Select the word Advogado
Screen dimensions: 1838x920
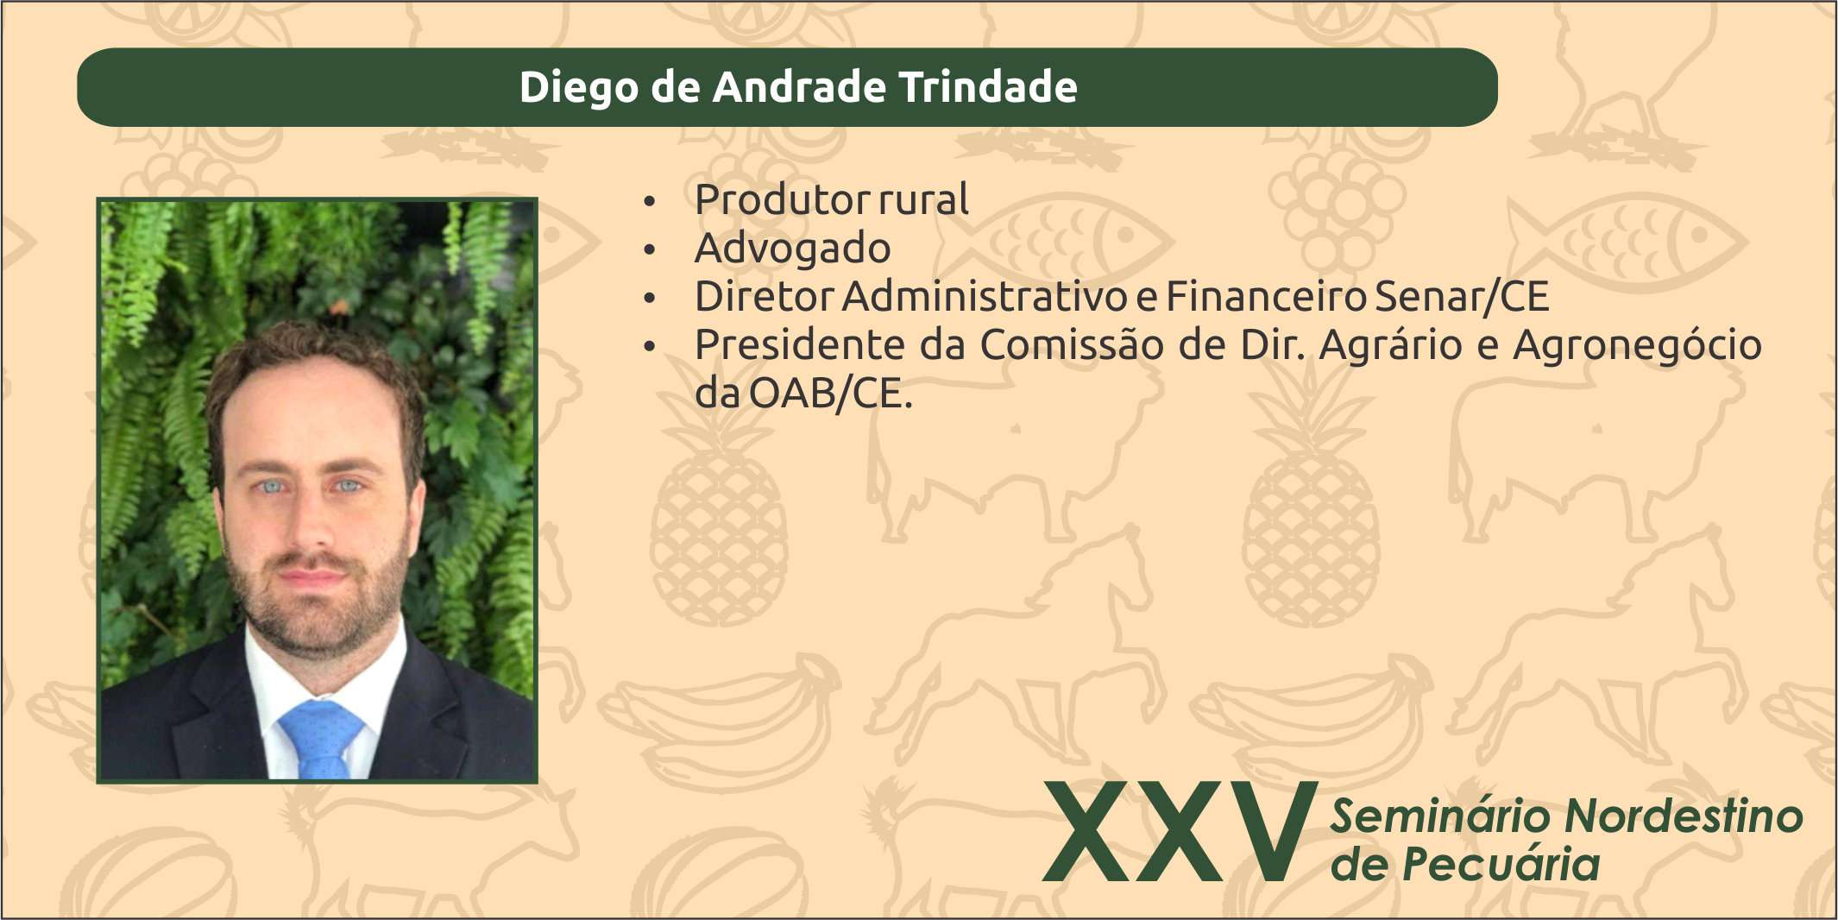pos(792,249)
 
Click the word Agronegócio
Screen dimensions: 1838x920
pos(1637,346)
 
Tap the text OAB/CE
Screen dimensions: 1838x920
pos(831,394)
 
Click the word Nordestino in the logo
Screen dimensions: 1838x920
pos(1684,816)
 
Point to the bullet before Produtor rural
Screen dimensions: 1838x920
pos(650,202)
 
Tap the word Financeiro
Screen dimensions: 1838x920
pos(1266,296)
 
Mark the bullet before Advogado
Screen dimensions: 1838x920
pos(650,250)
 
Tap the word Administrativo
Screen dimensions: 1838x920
pos(985,296)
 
